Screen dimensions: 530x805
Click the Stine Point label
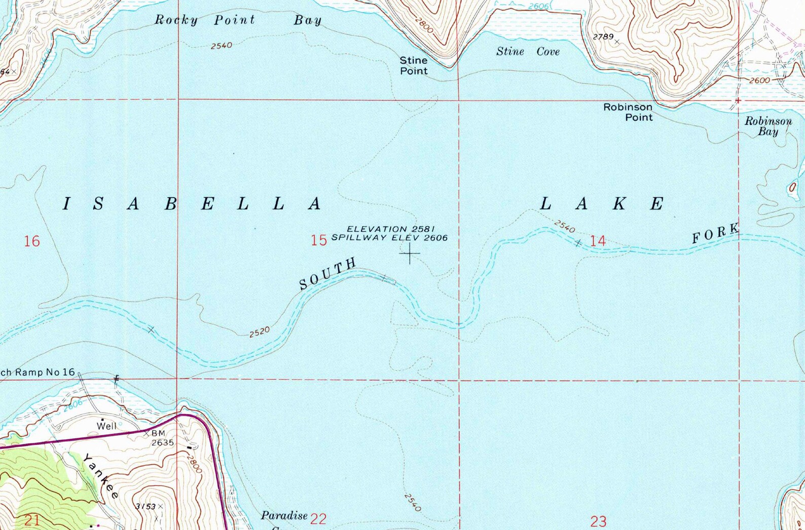[414, 66]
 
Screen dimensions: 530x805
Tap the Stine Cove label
[528, 52]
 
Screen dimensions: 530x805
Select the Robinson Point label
[628, 112]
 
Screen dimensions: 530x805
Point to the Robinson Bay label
[768, 126]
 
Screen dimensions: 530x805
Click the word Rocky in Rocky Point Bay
[176, 20]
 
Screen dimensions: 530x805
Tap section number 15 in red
[319, 240]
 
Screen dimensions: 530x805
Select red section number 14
[598, 241]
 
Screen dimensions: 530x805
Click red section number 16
[32, 241]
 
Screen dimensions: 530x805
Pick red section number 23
[599, 521]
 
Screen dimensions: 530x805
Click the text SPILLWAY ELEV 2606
[389, 237]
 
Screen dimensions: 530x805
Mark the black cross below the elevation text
[409, 253]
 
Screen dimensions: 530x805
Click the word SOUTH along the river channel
[327, 273]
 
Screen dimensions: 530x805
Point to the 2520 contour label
[260, 332]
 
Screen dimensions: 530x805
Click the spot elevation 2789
[603, 36]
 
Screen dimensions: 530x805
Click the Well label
[107, 426]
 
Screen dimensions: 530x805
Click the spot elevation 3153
[146, 506]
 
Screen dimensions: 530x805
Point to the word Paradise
[284, 516]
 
